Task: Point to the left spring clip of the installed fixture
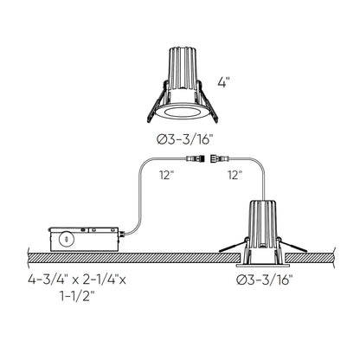tap(231, 251)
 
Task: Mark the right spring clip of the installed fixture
tap(302, 251)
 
